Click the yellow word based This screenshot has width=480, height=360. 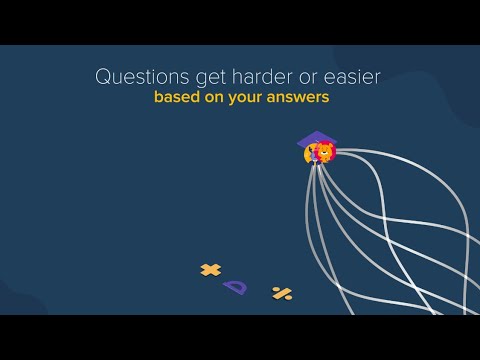(x=174, y=99)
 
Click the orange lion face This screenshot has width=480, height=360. (x=324, y=153)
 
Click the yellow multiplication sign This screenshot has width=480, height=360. (x=210, y=269)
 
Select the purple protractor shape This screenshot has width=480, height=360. (x=236, y=287)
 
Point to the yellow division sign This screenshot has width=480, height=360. (x=282, y=293)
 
